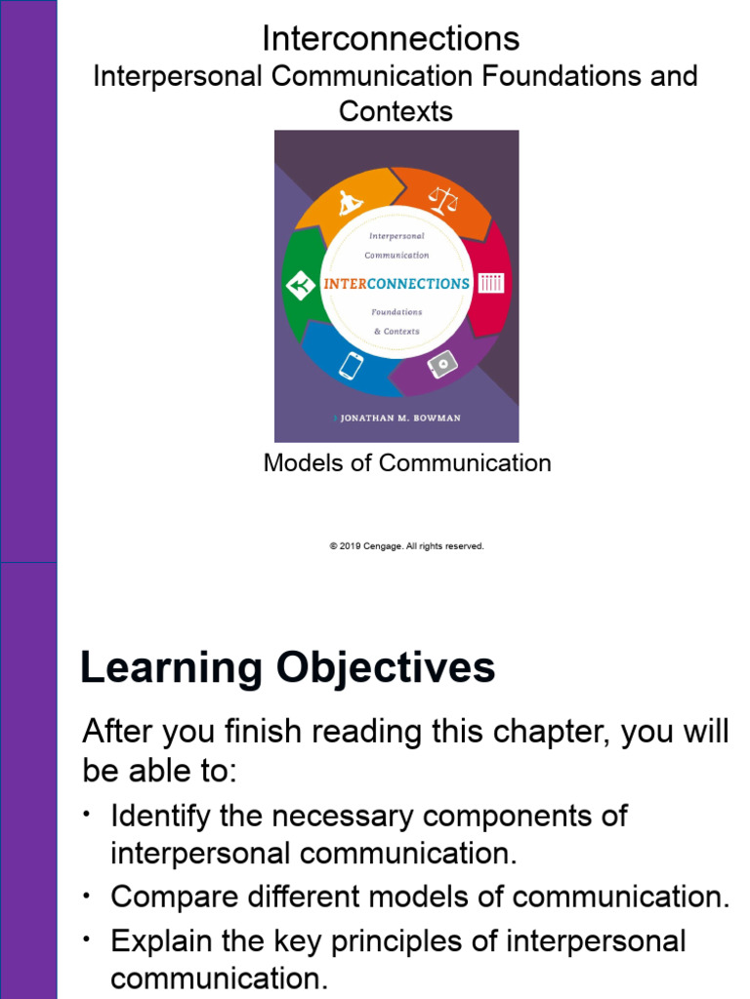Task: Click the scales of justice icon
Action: [x=442, y=201]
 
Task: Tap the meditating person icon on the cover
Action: [x=351, y=203]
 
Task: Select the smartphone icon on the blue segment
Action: [x=351, y=366]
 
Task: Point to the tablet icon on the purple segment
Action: [x=442, y=364]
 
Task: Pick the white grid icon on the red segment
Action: [x=491, y=284]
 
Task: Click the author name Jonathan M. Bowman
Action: [x=399, y=418]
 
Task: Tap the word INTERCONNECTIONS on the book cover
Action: [x=396, y=284]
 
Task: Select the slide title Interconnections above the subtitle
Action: [x=391, y=39]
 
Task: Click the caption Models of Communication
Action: [x=407, y=463]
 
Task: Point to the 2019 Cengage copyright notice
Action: [x=407, y=546]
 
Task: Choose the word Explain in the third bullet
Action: [x=162, y=941]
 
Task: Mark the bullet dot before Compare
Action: [x=87, y=894]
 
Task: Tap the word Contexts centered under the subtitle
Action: [x=396, y=111]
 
